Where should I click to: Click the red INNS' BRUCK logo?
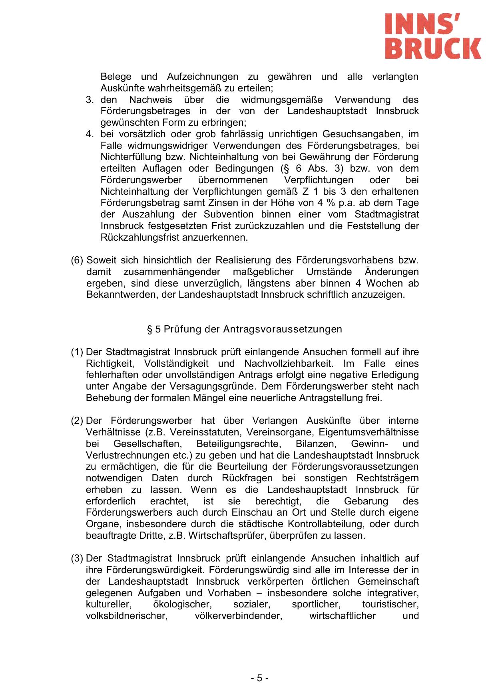click(433, 36)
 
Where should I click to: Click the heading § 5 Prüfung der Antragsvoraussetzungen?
click(245, 329)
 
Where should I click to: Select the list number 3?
click(89, 99)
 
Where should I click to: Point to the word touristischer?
click(390, 604)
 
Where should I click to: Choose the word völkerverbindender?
click(239, 616)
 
